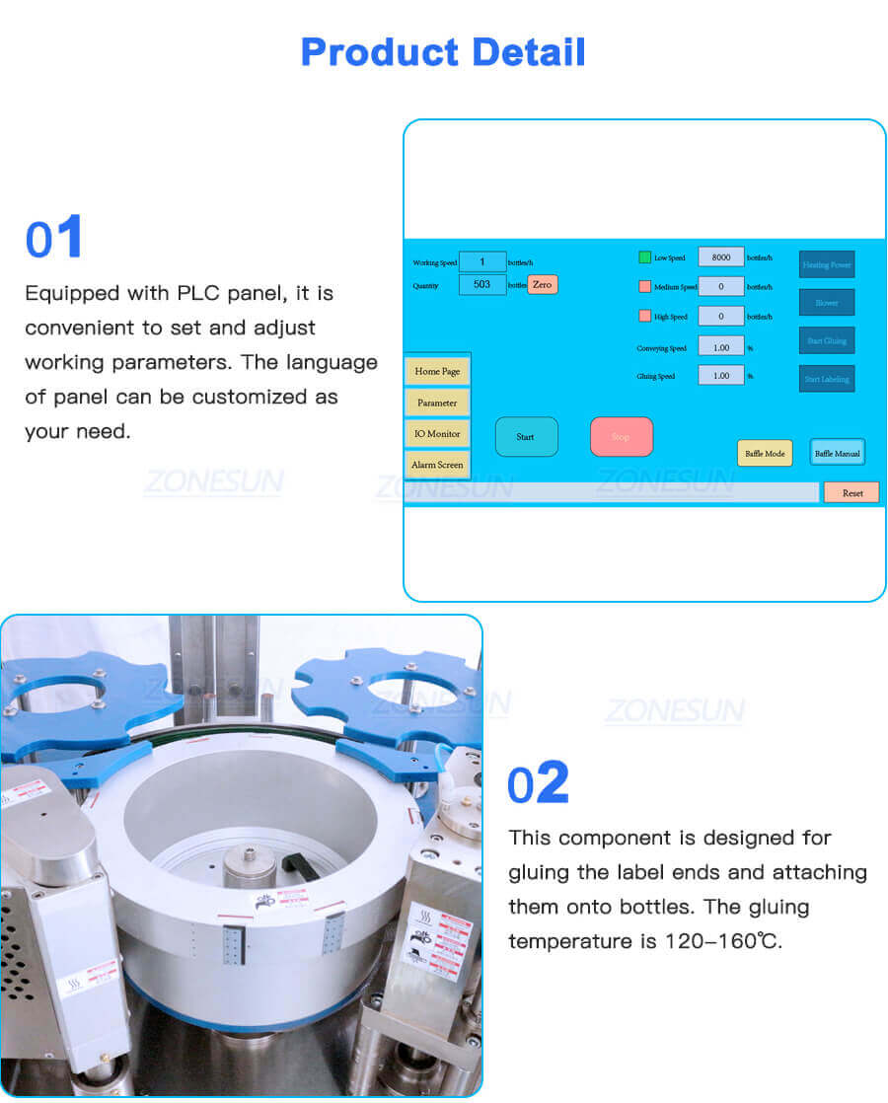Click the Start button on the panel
[526, 437]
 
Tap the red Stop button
[621, 437]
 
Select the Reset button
[851, 492]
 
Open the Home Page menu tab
[437, 371]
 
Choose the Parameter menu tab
[437, 403]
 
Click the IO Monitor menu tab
[437, 433]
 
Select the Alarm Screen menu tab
[437, 465]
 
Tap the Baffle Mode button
[765, 453]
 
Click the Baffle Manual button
[837, 453]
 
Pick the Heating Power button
[827, 264]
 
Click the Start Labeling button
[827, 379]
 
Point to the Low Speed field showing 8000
[721, 257]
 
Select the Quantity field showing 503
[482, 284]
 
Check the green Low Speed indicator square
[644, 257]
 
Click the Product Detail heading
[443, 51]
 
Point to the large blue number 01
[54, 239]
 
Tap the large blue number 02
[538, 783]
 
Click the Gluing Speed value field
[721, 376]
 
